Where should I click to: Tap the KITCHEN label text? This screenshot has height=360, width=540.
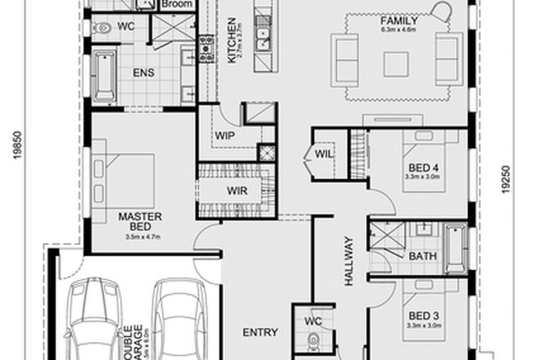(x=232, y=40)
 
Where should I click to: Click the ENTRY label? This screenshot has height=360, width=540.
(x=261, y=333)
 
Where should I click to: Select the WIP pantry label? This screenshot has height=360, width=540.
(x=225, y=136)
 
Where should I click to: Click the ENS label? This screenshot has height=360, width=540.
(x=144, y=71)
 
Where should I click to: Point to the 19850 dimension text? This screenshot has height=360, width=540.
(x=15, y=142)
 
